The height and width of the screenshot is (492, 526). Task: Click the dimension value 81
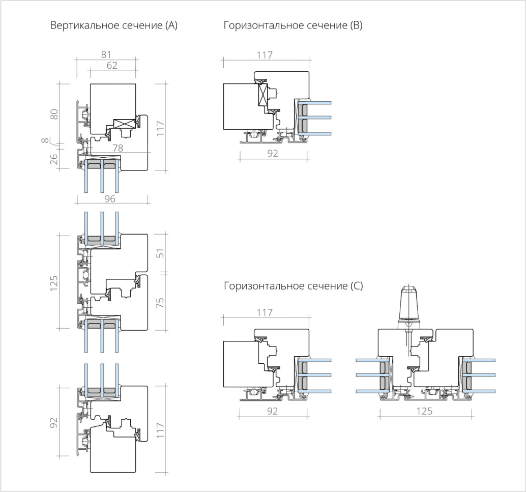pyautogui.click(x=106, y=54)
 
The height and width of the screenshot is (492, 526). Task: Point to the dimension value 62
pyautogui.click(x=112, y=65)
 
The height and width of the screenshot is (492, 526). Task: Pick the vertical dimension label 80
pyautogui.click(x=54, y=114)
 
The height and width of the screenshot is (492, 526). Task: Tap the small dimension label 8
pyautogui.click(x=45, y=140)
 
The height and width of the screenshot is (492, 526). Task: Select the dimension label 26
pyautogui.click(x=54, y=159)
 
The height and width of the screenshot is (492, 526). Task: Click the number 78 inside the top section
pyautogui.click(x=118, y=148)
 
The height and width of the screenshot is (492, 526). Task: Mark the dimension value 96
pyautogui.click(x=110, y=198)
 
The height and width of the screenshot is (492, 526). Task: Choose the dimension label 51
pyautogui.click(x=161, y=253)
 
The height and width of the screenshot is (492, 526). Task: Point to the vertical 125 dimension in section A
pyautogui.click(x=54, y=283)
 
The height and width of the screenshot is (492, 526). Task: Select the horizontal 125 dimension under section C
pyautogui.click(x=424, y=411)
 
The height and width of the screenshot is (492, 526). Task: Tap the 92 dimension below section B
pyautogui.click(x=273, y=153)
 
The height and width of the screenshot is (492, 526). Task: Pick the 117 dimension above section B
pyautogui.click(x=265, y=55)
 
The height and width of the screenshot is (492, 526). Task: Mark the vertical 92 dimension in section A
pyautogui.click(x=54, y=422)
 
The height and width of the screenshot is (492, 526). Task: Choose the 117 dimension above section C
pyautogui.click(x=265, y=312)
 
